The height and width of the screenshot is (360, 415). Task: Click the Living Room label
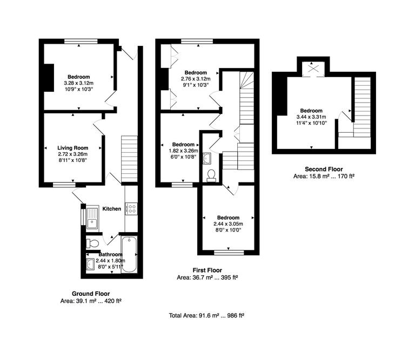(x=73, y=148)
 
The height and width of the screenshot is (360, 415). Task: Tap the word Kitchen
(x=111, y=209)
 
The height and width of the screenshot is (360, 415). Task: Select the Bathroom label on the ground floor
(x=111, y=254)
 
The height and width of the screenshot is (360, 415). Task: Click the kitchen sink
(x=92, y=219)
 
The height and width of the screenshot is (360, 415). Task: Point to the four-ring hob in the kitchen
(x=131, y=208)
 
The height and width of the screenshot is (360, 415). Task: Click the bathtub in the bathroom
(x=130, y=254)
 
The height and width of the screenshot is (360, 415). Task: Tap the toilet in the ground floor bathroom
(x=92, y=242)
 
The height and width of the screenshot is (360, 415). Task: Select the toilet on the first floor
(x=211, y=174)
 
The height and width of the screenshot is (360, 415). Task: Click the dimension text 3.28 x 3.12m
(x=78, y=83)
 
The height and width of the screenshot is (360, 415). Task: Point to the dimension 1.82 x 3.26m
(x=183, y=151)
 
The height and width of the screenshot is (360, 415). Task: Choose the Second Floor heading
(x=324, y=169)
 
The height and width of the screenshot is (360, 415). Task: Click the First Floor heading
(x=207, y=270)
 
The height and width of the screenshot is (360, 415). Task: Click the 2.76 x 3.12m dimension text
(x=195, y=79)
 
